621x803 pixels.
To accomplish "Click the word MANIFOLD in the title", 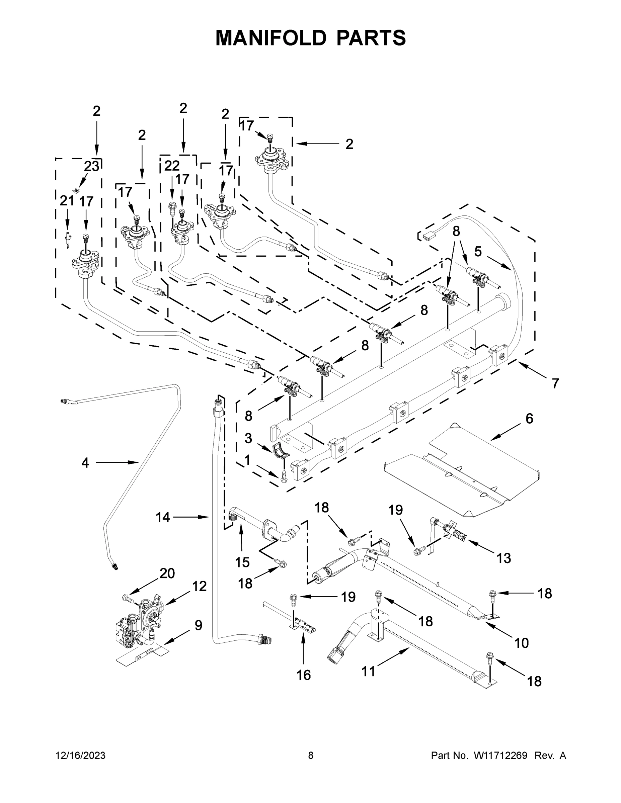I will click(271, 38).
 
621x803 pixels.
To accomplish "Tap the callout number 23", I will click(92, 167).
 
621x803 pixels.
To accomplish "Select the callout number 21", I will click(67, 201).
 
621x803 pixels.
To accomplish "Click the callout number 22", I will click(171, 166).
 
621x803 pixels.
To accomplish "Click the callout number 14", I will click(163, 517).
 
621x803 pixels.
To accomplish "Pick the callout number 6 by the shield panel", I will click(529, 419).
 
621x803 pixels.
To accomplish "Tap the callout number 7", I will click(555, 383).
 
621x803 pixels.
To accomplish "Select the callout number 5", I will click(477, 252).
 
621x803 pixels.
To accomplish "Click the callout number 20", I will click(167, 573).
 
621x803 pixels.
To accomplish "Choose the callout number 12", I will click(200, 586).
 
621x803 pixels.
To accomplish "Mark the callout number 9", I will click(198, 625).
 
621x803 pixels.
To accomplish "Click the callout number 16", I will click(304, 675).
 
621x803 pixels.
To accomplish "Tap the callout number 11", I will click(368, 672).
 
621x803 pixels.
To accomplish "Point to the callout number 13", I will click(503, 558).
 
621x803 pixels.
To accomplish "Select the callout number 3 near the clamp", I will click(248, 438).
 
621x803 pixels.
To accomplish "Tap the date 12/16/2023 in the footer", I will click(80, 755).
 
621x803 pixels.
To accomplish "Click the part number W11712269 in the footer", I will click(500, 755).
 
